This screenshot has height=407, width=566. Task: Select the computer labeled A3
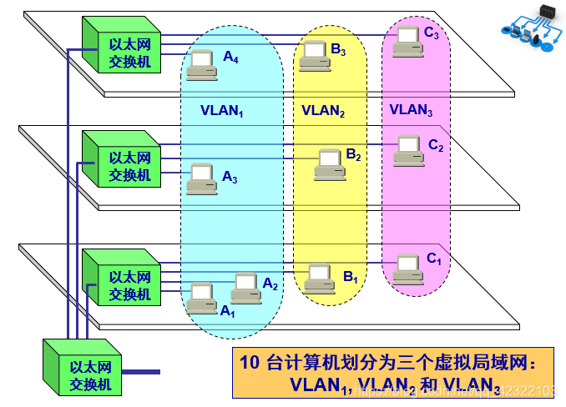(x=200, y=178)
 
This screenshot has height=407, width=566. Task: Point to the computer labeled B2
(x=330, y=163)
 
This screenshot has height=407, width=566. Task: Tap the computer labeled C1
(x=408, y=265)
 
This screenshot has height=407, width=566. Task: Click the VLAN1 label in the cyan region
(x=221, y=110)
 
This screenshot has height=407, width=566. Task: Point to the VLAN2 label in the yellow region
(x=323, y=110)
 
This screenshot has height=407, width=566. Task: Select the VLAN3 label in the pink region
(x=412, y=110)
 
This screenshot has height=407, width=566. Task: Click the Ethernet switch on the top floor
(x=124, y=46)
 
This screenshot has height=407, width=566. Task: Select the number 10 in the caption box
(x=249, y=363)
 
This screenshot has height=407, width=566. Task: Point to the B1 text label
(x=351, y=279)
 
